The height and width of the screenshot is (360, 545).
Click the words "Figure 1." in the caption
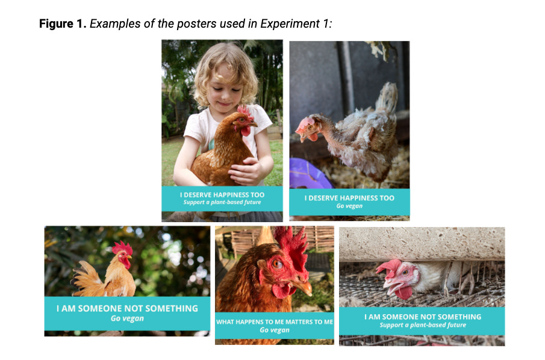point(63,23)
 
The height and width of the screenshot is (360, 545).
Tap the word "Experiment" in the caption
point(290,24)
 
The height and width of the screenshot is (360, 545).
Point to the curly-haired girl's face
point(224,87)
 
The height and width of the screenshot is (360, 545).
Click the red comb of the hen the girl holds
point(245,113)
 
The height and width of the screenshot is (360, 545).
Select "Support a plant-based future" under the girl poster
point(222,202)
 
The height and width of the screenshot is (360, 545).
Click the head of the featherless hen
point(308,129)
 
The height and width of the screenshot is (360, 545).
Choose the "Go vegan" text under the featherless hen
point(349,206)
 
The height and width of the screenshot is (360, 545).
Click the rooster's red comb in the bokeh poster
point(122,248)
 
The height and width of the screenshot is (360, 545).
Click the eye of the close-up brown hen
point(277,264)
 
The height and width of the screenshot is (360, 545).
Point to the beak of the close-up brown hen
point(302,287)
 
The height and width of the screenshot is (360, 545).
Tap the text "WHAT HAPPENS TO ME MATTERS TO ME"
point(275,322)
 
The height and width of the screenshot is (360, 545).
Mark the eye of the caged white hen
point(405,273)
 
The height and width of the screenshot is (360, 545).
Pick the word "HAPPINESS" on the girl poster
point(224,195)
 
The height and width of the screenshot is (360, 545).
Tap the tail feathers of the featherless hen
point(387,98)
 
